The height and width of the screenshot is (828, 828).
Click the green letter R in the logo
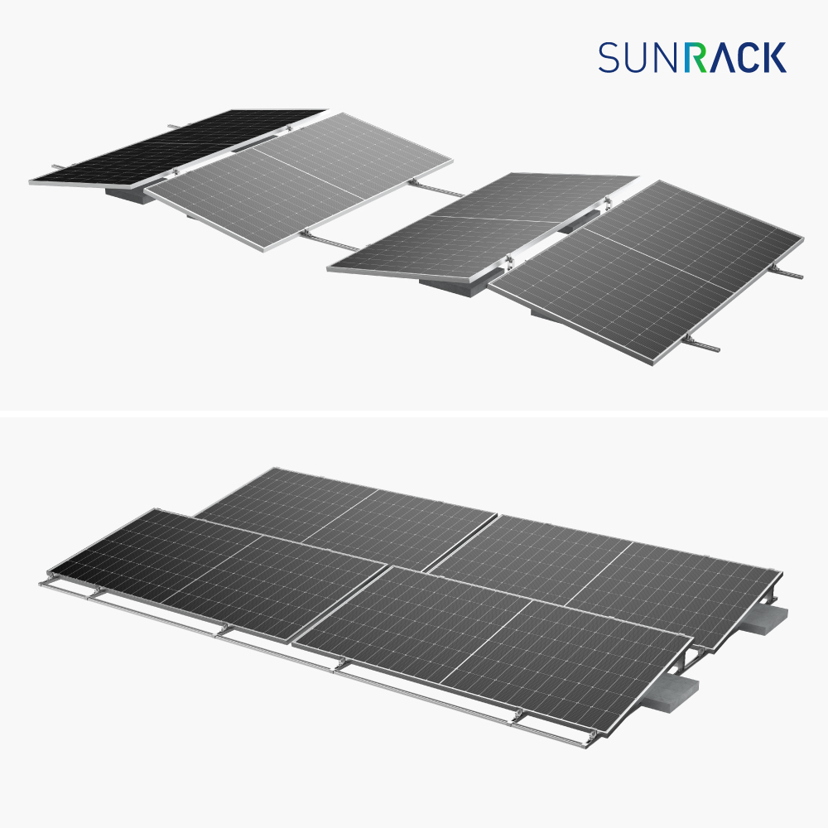(x=696, y=57)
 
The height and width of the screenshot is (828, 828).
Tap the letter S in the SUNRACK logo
(x=609, y=57)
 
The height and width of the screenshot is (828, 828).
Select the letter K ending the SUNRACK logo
(x=775, y=57)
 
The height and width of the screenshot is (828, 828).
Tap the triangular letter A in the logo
(x=721, y=57)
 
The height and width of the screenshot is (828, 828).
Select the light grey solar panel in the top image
(x=298, y=181)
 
